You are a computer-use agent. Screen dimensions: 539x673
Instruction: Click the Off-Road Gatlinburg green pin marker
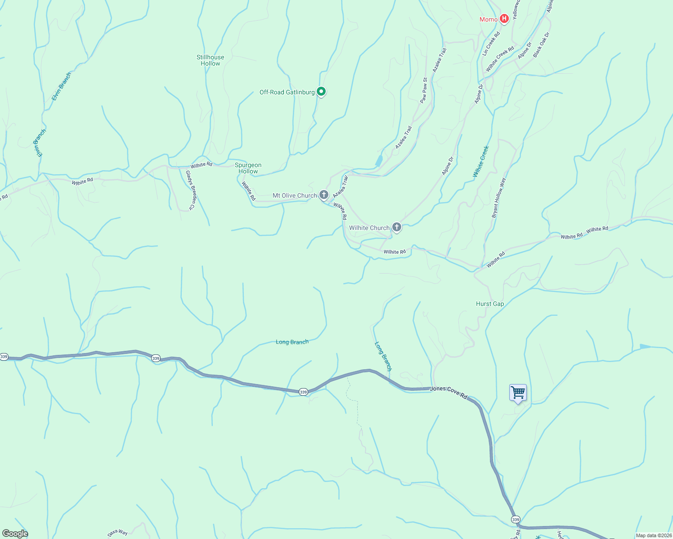[x=321, y=92]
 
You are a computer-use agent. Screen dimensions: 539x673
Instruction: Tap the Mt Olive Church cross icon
[x=324, y=195]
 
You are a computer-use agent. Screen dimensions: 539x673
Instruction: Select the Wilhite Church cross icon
[x=397, y=227]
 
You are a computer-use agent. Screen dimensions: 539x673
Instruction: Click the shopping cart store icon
[x=518, y=393]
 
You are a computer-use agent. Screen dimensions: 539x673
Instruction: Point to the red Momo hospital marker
[x=504, y=19]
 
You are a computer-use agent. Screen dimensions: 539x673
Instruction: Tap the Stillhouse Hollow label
[x=210, y=60]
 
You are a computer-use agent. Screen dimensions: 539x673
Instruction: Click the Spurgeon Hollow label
[x=248, y=168]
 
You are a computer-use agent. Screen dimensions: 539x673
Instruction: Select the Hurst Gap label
[x=490, y=304]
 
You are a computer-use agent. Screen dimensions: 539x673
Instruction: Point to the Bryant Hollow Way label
[x=498, y=198]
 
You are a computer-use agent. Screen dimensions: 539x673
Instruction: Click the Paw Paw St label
[x=424, y=90]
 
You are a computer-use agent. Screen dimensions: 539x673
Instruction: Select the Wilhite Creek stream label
[x=481, y=161]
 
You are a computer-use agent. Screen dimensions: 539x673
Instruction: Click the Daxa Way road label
[x=117, y=533]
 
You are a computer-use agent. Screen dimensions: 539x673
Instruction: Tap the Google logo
[x=15, y=534]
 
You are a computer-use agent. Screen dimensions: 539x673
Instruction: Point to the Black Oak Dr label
[x=541, y=44]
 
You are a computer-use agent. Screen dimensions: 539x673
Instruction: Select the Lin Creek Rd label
[x=491, y=44]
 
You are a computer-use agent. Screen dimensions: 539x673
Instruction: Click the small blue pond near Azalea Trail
[x=379, y=160]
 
